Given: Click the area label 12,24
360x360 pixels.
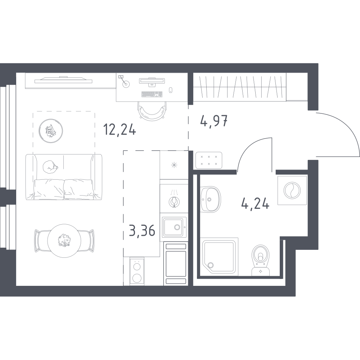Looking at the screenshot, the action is point(120,130).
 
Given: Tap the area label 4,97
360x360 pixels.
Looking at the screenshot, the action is point(214,121).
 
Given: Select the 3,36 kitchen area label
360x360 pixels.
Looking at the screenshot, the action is point(142,231).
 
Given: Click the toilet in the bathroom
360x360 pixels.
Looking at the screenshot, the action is point(260,260).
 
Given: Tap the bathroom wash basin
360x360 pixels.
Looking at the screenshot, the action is point(210,199).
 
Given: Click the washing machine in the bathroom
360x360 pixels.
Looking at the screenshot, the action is point(292,190).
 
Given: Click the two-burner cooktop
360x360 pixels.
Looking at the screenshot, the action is point(137,271).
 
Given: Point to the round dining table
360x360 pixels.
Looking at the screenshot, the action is point(64,240).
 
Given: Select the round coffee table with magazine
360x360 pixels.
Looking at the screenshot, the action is point(51,131).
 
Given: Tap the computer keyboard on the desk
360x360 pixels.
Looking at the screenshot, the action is point(152,94).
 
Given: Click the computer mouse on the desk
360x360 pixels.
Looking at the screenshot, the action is point(171,90).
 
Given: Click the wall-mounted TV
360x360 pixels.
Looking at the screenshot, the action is point(63,80).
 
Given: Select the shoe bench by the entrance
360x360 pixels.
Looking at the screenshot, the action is point(209,160).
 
